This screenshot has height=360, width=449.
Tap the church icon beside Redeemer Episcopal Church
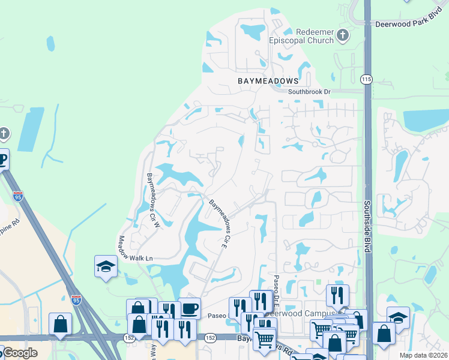343,35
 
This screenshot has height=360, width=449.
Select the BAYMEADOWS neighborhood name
268,80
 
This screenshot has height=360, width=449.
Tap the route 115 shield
366,79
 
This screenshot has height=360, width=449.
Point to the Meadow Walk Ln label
135,248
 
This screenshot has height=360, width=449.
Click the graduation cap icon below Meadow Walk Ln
106,266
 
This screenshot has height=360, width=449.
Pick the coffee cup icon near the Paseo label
190,308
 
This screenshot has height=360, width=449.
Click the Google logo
19,353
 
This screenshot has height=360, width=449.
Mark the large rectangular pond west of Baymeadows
31,129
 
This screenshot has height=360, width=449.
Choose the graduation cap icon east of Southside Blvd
397,317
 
